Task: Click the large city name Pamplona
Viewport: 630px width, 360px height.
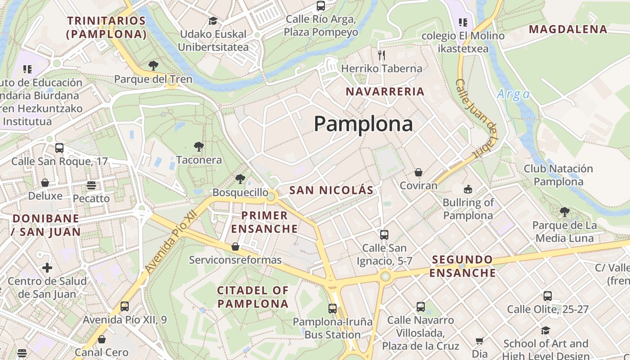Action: tap(363, 124)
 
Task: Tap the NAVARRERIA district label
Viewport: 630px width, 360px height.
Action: tap(385, 91)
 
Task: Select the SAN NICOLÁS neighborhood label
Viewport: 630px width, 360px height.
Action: tap(331, 190)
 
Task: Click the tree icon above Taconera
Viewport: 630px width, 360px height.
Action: tap(198, 147)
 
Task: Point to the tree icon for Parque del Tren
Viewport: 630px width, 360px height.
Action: tap(153, 66)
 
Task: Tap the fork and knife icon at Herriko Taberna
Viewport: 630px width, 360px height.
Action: tap(382, 55)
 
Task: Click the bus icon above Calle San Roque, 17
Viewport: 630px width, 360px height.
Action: tap(59, 148)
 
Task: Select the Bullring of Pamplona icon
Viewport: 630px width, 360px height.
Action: tap(468, 189)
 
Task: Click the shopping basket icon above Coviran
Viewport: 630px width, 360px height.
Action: tap(418, 172)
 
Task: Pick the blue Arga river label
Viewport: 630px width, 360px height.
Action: tap(513, 94)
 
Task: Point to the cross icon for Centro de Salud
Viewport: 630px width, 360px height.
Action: tap(47, 268)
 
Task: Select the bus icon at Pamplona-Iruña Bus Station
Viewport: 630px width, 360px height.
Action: tap(333, 309)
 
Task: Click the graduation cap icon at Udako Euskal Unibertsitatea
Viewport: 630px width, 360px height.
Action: tap(213, 21)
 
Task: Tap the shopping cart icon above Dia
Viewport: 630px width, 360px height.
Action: tap(480, 341)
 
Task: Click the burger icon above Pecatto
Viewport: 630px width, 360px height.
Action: tap(91, 185)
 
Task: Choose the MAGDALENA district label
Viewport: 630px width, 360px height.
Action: tap(568, 30)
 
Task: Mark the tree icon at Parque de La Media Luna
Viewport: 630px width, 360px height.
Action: tap(565, 211)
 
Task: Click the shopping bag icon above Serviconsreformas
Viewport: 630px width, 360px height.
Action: tap(235, 247)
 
